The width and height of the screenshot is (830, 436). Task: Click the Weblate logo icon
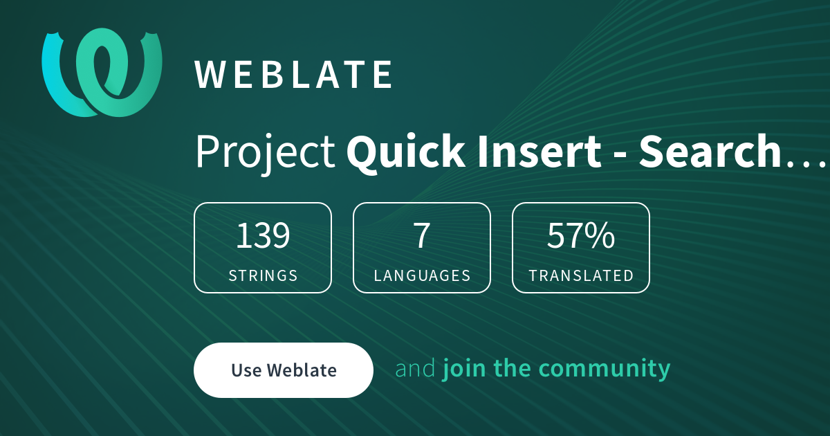[102, 72]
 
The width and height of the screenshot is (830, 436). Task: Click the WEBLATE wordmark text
[294, 75]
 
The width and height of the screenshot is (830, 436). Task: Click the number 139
[263, 236]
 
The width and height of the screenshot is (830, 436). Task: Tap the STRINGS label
[263, 275]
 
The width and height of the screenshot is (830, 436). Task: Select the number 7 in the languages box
[422, 236]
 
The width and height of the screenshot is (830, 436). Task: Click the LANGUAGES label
[422, 275]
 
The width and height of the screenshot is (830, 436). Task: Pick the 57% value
[581, 236]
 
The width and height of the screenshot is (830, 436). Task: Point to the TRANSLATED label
[581, 275]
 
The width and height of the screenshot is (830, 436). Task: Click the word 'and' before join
[415, 368]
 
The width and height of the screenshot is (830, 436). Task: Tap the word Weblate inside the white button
[302, 370]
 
